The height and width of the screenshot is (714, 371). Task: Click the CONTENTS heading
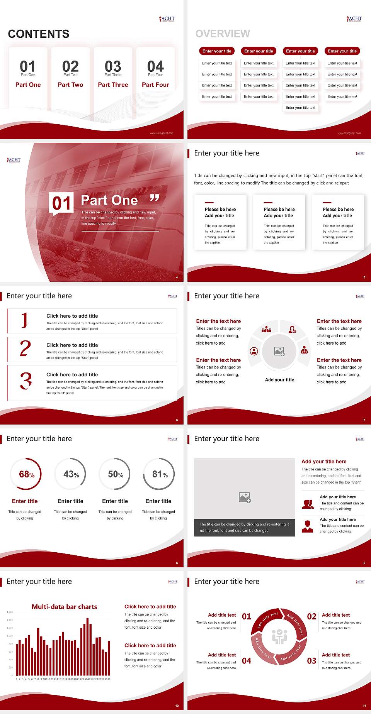click(39, 34)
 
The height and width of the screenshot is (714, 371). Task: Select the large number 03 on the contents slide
click(113, 66)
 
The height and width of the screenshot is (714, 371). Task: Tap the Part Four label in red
click(155, 85)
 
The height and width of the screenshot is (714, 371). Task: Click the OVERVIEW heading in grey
click(223, 34)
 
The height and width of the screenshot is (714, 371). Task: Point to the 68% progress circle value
click(27, 474)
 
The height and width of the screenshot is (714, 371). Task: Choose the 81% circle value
click(160, 474)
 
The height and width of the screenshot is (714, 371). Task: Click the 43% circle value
click(71, 474)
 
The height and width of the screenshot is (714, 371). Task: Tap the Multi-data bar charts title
click(65, 607)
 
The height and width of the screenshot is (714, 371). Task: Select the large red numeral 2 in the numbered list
click(25, 349)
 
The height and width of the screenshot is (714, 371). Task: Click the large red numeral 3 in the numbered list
click(26, 381)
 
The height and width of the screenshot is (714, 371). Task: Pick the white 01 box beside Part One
click(61, 203)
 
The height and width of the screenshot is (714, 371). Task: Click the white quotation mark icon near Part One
click(155, 198)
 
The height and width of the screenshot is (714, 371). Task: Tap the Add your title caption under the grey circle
click(279, 380)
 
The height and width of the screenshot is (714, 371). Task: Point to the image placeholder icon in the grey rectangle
click(245, 497)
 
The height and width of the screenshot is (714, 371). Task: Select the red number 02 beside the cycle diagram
click(311, 616)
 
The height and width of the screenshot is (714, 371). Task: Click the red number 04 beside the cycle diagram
click(247, 661)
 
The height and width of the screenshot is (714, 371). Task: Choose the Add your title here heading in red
click(324, 461)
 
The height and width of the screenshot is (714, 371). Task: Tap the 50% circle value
click(116, 474)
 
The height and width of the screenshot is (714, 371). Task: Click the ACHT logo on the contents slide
click(167, 19)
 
